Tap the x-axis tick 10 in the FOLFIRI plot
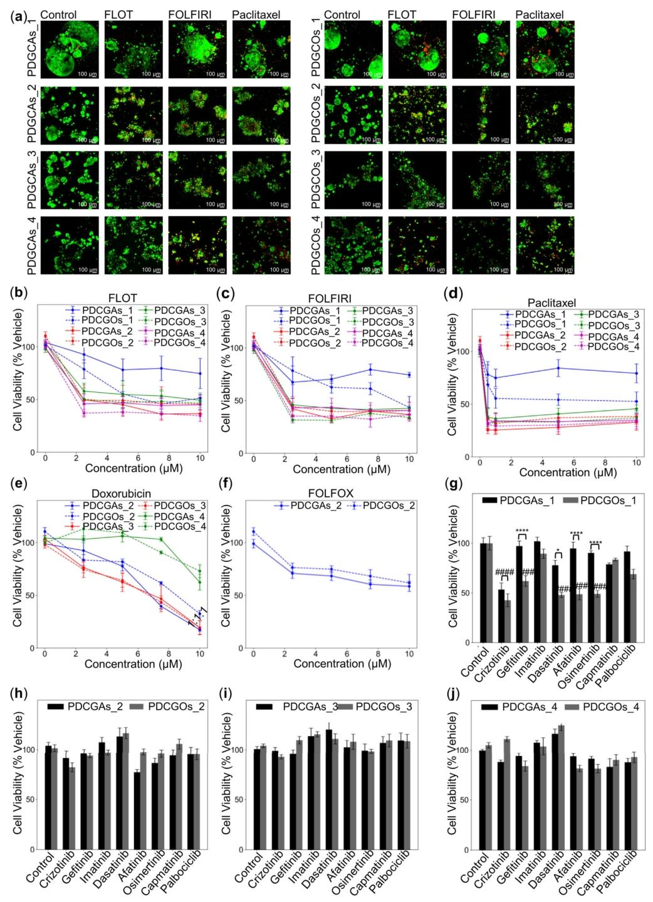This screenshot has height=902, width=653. tap(409, 460)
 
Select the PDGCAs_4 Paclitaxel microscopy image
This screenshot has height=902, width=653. tap(261, 245)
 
